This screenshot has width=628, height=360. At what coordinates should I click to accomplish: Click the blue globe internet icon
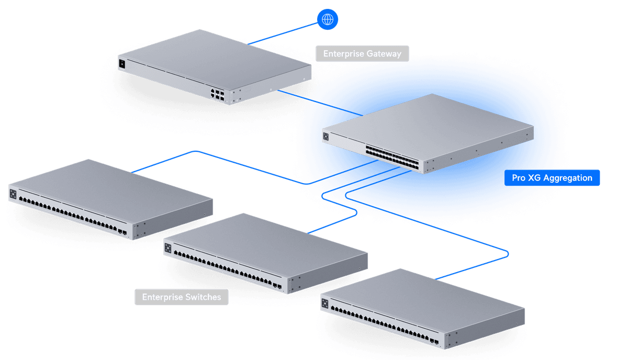328,19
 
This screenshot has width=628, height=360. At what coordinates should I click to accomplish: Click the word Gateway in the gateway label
385,53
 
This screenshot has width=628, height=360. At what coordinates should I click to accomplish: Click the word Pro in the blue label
518,178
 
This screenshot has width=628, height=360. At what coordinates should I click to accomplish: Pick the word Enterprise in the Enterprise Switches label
162,298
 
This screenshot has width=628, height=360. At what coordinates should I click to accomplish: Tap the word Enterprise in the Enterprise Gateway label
343,53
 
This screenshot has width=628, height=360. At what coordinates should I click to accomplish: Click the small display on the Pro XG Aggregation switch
326,137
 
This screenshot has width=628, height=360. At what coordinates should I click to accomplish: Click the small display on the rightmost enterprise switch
325,303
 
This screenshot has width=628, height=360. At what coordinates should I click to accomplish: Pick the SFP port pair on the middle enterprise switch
277,286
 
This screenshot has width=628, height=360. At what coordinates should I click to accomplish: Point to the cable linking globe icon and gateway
283,31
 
